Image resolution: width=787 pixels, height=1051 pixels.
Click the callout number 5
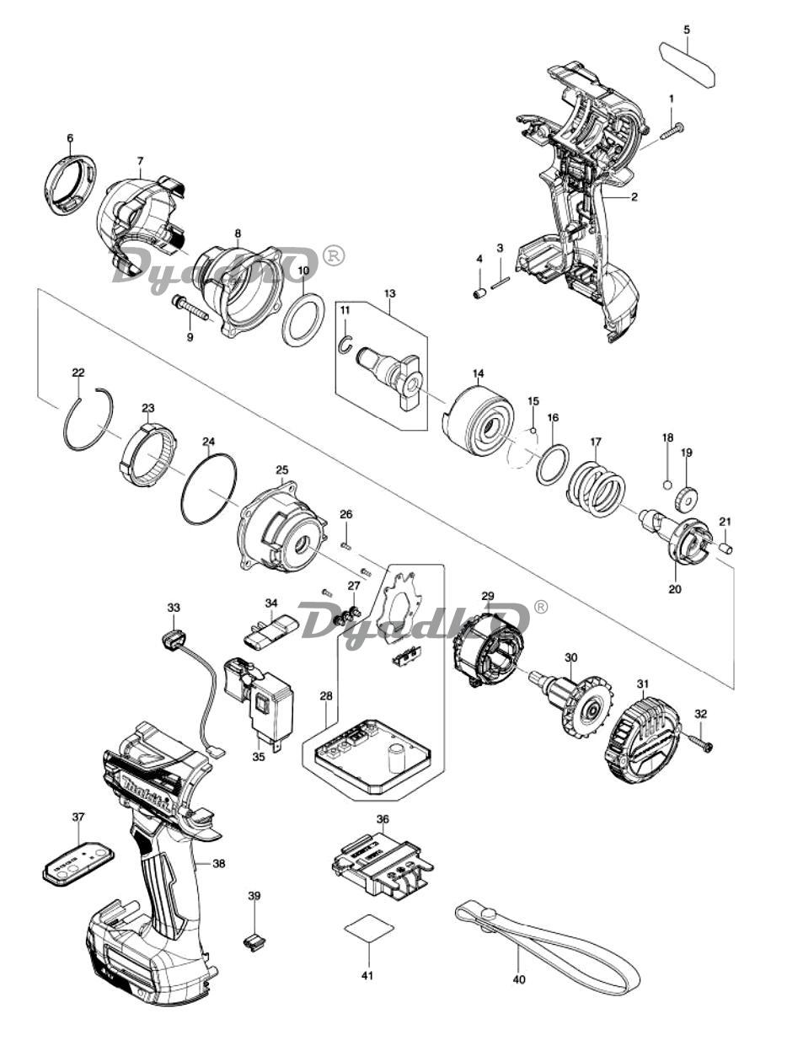tap(687, 29)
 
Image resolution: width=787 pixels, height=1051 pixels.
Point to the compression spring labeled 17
tap(596, 488)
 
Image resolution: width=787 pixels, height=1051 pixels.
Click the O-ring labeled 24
tap(207, 488)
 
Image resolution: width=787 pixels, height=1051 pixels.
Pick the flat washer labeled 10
tap(303, 320)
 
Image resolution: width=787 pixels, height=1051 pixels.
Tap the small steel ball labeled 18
tap(667, 485)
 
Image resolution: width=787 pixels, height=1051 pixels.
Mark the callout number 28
tap(325, 695)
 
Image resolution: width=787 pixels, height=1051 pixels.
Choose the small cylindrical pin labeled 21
tap(725, 547)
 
